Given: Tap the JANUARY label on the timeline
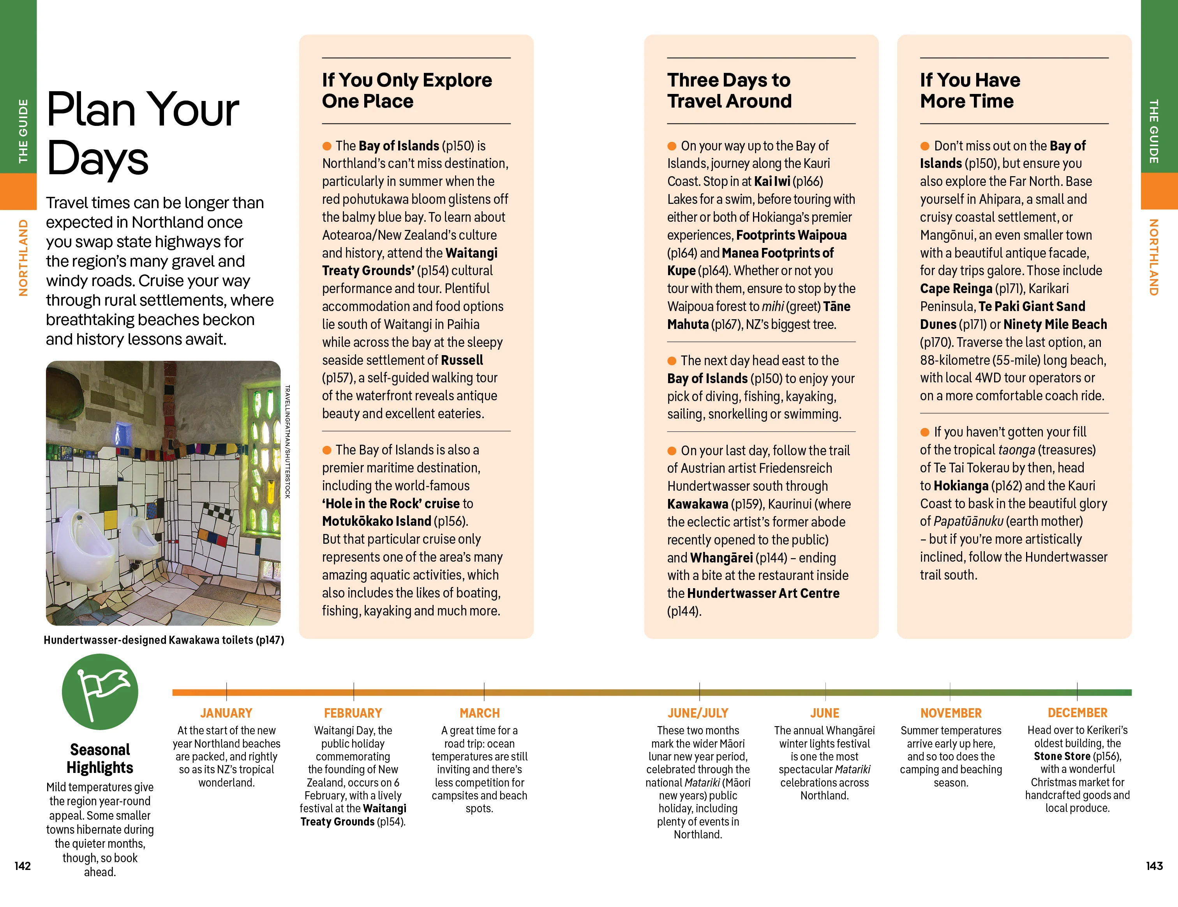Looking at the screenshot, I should pyautogui.click(x=226, y=713).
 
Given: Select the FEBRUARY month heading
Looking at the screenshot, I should pyautogui.click(x=353, y=713).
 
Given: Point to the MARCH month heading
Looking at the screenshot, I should pyautogui.click(x=480, y=713).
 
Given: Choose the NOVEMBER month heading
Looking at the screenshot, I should pyautogui.click(x=951, y=713).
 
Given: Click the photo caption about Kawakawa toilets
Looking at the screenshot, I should pyautogui.click(x=164, y=640).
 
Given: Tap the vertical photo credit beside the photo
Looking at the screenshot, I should pyautogui.click(x=287, y=441).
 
